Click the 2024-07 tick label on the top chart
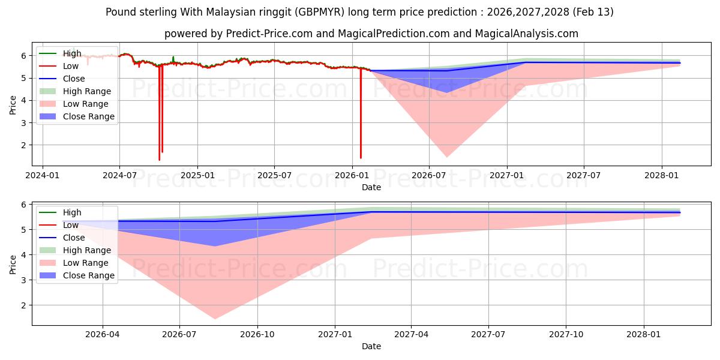pyautogui.click(x=119, y=176)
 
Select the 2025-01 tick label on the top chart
pyautogui.click(x=197, y=176)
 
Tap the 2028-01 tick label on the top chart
pyautogui.click(x=662, y=176)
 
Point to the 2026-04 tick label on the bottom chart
pyautogui.click(x=103, y=335)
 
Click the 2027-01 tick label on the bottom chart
pyautogui.click(x=335, y=335)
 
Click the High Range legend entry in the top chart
pyautogui.click(x=87, y=91)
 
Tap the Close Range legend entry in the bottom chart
pyautogui.click(x=89, y=275)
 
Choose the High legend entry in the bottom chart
pyautogui.click(x=72, y=212)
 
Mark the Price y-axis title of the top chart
pyautogui.click(x=13, y=104)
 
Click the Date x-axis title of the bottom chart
pyautogui.click(x=371, y=346)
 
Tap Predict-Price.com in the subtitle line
pyautogui.click(x=269, y=34)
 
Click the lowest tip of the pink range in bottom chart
pyautogui.click(x=215, y=319)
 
